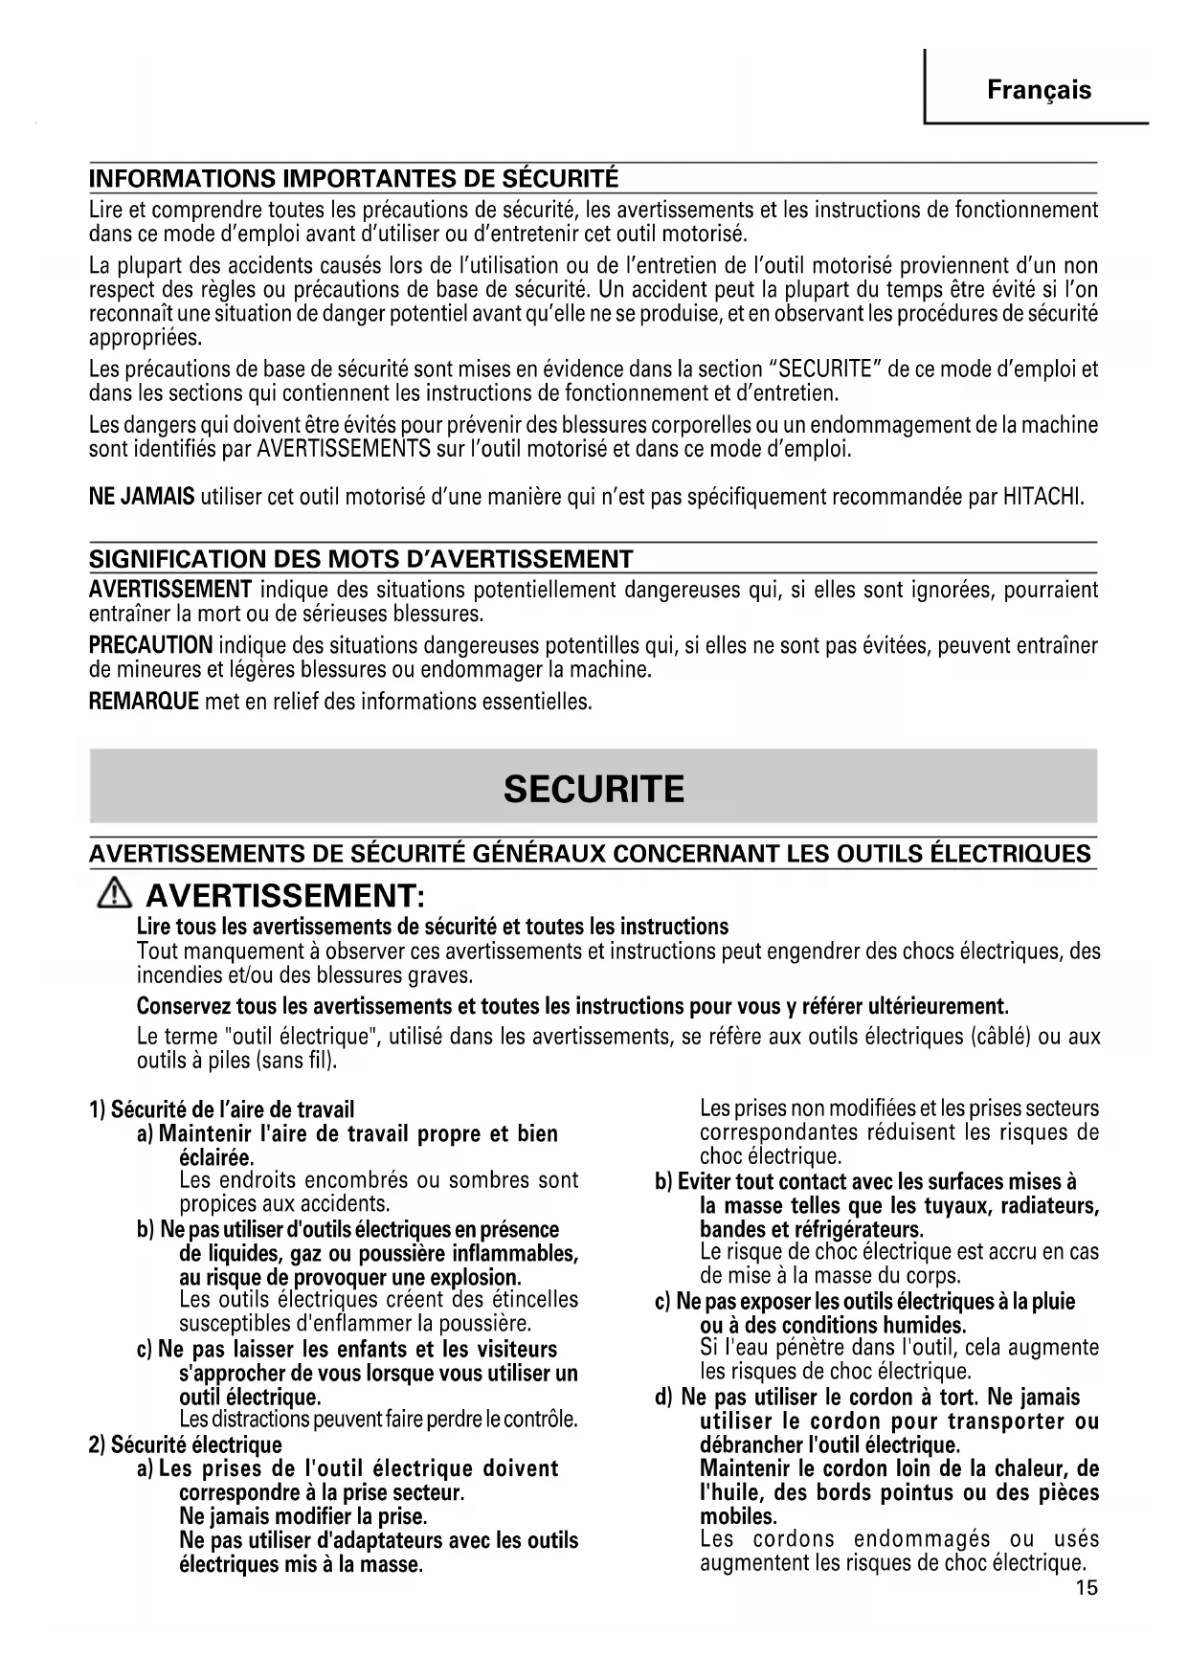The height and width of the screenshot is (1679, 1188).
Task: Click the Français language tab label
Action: (x=1039, y=91)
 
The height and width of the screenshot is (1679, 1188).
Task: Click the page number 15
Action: (x=1087, y=1589)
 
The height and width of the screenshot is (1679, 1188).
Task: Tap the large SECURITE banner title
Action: (x=594, y=789)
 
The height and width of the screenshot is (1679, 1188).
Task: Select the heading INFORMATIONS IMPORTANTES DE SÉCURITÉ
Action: (x=353, y=179)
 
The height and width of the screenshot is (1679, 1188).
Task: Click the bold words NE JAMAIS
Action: (x=142, y=497)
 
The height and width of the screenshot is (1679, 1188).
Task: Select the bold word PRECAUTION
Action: (x=150, y=645)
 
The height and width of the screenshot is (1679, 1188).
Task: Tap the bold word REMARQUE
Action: (x=144, y=702)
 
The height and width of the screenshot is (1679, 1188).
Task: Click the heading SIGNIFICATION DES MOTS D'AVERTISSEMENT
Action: (x=361, y=559)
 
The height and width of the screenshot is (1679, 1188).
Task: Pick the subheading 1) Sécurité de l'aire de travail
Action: (x=221, y=1109)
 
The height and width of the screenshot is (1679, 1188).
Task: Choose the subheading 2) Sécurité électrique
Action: (x=186, y=1444)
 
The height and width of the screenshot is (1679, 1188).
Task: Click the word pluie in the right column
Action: (x=1054, y=1301)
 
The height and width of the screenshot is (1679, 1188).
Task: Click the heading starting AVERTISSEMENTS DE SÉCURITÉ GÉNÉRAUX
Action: (x=590, y=853)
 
